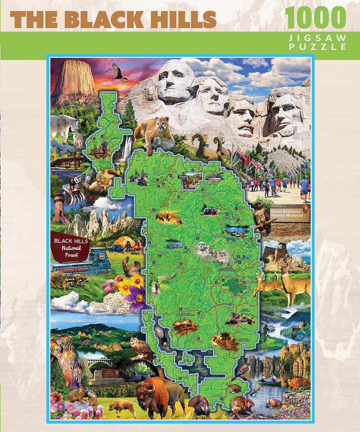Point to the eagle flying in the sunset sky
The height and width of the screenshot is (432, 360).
point(119,72)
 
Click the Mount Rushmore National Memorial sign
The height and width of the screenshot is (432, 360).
point(290,215)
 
